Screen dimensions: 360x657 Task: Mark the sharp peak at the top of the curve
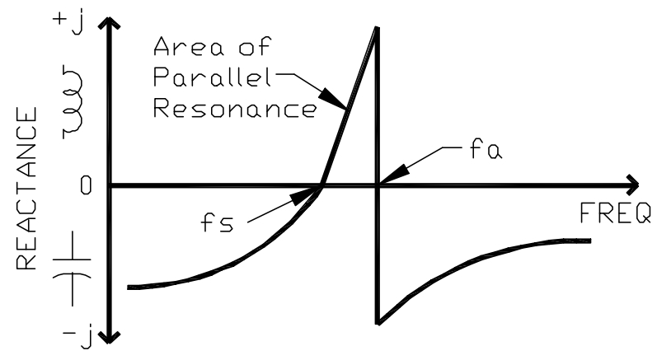[x=376, y=29]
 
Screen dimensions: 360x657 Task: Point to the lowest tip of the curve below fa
[x=377, y=322]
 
